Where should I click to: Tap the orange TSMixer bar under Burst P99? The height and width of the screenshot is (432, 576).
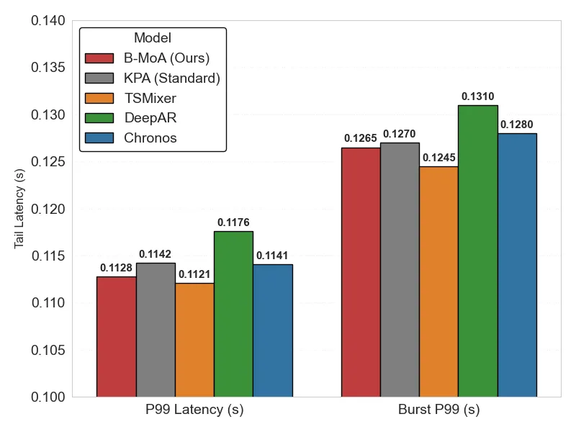click(438, 282)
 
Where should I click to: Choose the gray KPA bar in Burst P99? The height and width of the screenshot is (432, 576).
click(400, 269)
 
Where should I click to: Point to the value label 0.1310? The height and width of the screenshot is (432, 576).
click(477, 96)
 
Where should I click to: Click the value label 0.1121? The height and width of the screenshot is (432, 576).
click(194, 274)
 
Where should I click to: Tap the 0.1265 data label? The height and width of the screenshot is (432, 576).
click(361, 138)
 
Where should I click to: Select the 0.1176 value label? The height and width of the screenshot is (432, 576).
click(233, 222)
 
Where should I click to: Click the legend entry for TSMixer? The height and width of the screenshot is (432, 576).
click(150, 98)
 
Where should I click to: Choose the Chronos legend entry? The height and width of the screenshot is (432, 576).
click(150, 138)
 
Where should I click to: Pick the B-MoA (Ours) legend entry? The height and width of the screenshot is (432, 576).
click(166, 58)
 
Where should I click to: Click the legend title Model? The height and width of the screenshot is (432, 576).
click(153, 38)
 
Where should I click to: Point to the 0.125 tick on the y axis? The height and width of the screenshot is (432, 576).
click(48, 162)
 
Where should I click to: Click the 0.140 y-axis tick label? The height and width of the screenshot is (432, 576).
click(48, 21)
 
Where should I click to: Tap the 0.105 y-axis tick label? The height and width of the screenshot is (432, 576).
click(48, 350)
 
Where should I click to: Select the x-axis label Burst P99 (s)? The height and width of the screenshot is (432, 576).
click(438, 410)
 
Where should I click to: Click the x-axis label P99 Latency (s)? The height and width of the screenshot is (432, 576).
click(194, 410)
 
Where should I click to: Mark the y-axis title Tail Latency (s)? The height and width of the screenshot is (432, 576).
click(19, 209)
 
